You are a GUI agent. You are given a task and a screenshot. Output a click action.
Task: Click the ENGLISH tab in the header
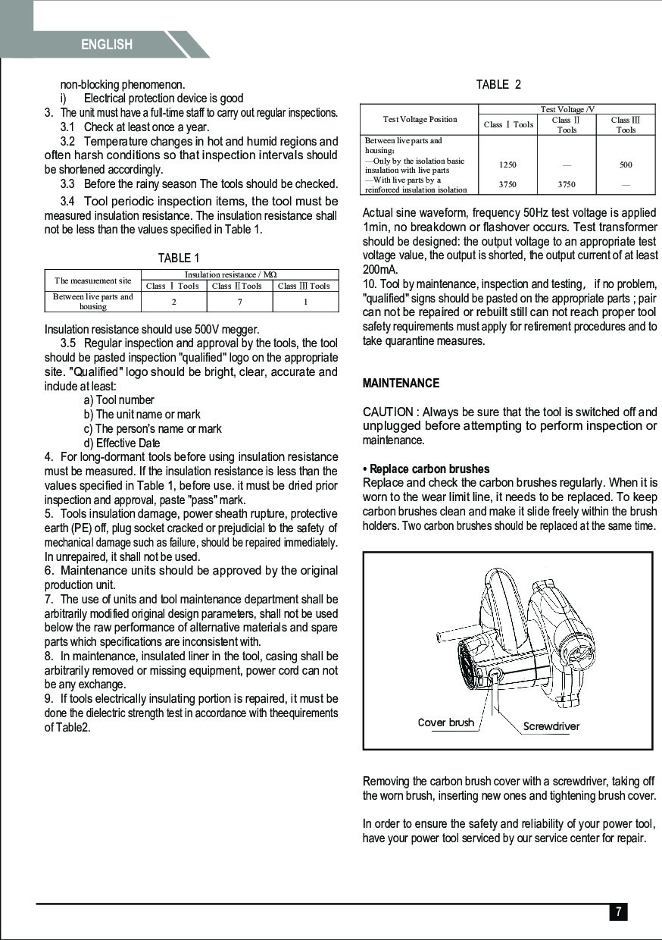(x=107, y=45)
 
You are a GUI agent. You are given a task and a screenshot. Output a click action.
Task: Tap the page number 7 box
(x=618, y=912)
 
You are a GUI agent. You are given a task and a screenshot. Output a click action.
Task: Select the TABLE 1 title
(x=179, y=258)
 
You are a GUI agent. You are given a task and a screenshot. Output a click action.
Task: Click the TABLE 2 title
(x=498, y=85)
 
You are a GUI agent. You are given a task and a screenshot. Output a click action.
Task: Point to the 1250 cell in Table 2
(x=507, y=164)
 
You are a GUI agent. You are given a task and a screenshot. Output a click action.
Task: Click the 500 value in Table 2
(x=625, y=164)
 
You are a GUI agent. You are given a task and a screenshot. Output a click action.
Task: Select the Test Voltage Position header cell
(x=420, y=120)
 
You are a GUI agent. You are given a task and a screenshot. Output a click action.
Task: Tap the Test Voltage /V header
(x=567, y=110)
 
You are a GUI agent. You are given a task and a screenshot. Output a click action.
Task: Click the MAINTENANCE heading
(x=401, y=384)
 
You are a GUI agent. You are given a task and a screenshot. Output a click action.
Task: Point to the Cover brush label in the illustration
(x=445, y=722)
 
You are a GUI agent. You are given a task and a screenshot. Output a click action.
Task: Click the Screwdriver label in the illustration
(x=551, y=726)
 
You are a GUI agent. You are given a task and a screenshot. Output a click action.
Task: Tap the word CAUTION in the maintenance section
(x=388, y=412)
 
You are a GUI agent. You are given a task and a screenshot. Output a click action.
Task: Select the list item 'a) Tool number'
(x=119, y=400)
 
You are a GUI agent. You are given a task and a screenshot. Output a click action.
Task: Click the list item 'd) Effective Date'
(x=122, y=443)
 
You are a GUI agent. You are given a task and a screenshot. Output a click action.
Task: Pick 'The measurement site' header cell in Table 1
(x=93, y=280)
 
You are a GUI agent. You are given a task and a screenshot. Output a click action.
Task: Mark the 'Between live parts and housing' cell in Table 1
(x=93, y=302)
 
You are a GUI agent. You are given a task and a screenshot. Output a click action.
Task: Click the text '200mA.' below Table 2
(x=381, y=270)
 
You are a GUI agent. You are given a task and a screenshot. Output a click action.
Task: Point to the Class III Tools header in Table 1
(x=304, y=286)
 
